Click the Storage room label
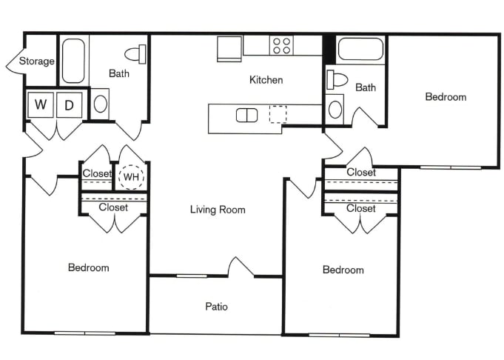click(x=36, y=61)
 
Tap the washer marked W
click(x=41, y=105)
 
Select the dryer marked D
click(x=69, y=105)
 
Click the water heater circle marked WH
click(x=131, y=176)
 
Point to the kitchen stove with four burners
click(x=281, y=46)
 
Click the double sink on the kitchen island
click(x=246, y=115)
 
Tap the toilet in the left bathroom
click(x=135, y=54)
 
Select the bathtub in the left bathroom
click(x=73, y=60)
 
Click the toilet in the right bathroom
click(x=337, y=80)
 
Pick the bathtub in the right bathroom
click(x=360, y=50)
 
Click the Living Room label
click(x=217, y=210)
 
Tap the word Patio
click(x=216, y=306)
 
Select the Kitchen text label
click(x=266, y=80)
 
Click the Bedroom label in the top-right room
click(x=446, y=97)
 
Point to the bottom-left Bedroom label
click(x=88, y=267)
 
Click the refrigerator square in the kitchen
click(x=229, y=48)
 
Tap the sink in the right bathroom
click(x=335, y=110)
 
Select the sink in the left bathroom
click(x=101, y=103)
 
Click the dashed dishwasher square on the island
click(x=278, y=114)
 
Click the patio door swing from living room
click(x=241, y=267)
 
